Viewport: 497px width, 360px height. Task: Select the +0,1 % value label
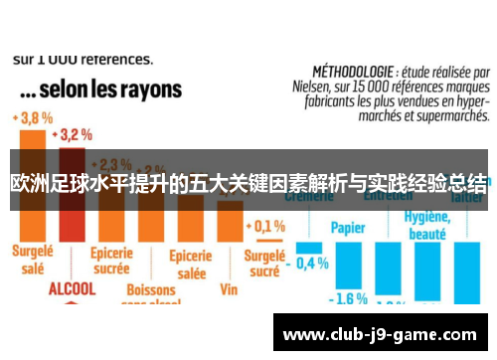coord(265,226)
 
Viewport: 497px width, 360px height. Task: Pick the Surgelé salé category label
coord(33,260)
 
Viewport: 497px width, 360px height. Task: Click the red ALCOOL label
coord(73,288)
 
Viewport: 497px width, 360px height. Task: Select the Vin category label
coord(230,289)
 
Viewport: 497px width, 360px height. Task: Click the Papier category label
coord(348,226)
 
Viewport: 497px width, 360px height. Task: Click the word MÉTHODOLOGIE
coord(351,73)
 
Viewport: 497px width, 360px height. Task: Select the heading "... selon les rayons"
coord(98,90)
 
